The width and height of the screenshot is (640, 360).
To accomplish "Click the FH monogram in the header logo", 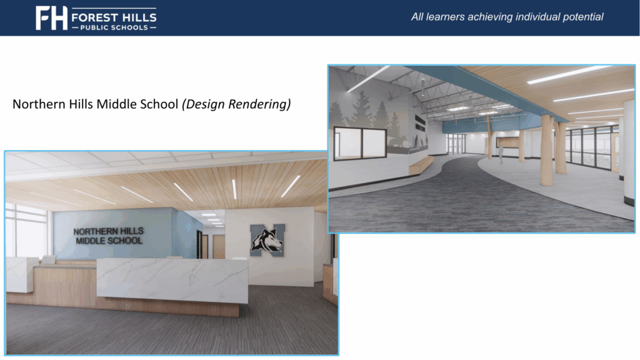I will (51, 17).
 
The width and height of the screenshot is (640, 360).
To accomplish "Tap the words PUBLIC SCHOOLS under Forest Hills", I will (113, 27).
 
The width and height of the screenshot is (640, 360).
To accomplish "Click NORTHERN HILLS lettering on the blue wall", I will (108, 231).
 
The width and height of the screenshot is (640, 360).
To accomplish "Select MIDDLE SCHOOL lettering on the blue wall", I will (108, 241).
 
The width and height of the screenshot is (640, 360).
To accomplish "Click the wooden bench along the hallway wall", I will (420, 164).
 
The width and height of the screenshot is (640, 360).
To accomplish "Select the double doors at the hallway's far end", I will (456, 143).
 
